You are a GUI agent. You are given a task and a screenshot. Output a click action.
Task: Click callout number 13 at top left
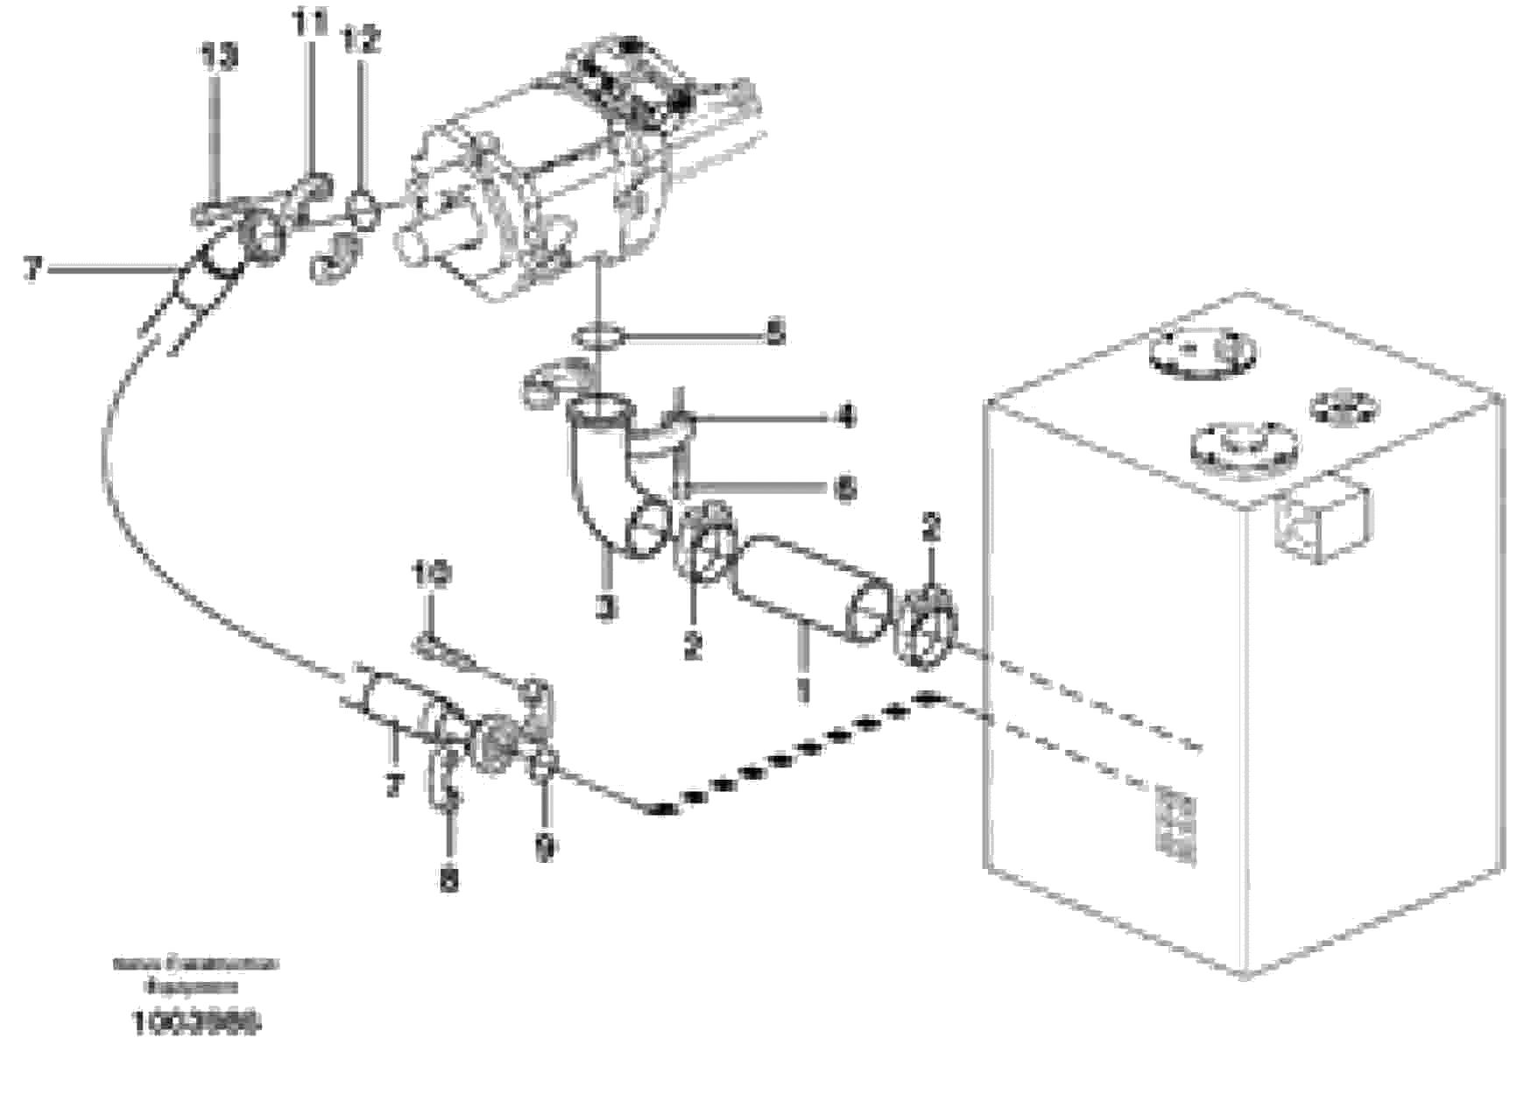point(218,59)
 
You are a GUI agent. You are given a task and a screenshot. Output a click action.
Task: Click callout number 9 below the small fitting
point(545,847)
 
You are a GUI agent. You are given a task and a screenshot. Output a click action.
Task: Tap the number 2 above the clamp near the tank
point(930,528)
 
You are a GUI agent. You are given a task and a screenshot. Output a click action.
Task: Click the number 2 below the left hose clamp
point(693,646)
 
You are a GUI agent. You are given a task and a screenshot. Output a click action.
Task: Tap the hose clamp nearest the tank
point(926,626)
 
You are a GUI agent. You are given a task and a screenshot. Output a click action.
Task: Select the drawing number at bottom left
point(197,1022)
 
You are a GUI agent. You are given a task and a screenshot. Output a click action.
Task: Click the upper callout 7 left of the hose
point(32,269)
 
